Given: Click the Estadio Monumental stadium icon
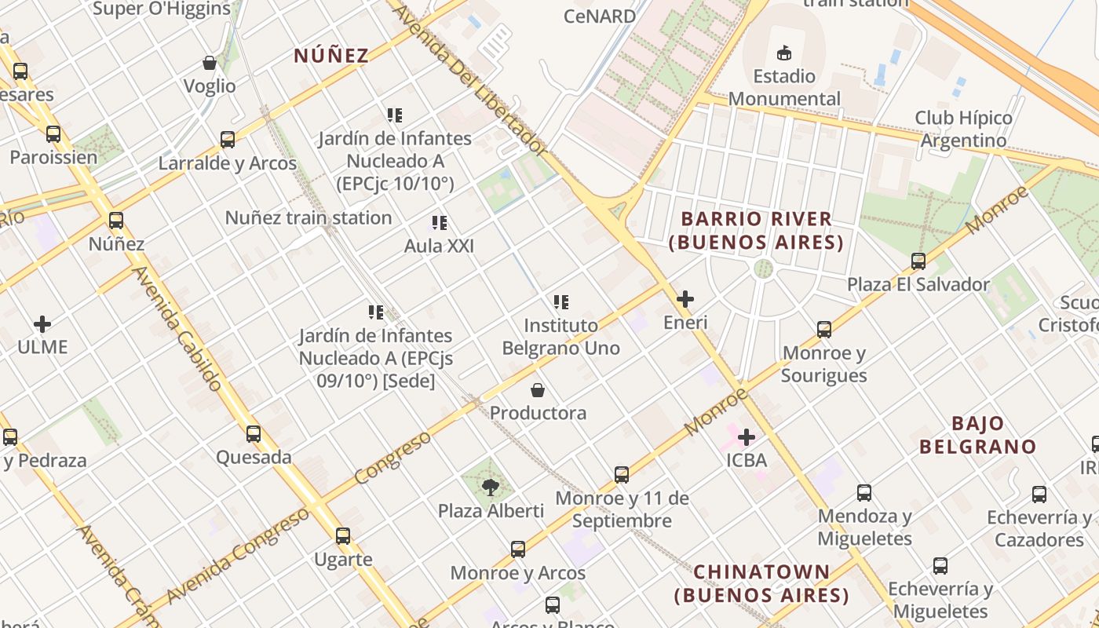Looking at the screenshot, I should click(x=783, y=53).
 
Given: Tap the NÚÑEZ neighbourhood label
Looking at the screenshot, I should click(x=331, y=56).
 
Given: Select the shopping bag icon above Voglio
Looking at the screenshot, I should click(x=210, y=63).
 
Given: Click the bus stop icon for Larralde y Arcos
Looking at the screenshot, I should click(x=228, y=140).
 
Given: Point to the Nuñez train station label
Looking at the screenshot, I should click(x=309, y=217).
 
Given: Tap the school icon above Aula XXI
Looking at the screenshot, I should click(x=439, y=223).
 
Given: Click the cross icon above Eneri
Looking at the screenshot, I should click(x=685, y=299).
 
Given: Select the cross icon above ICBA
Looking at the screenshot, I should click(x=747, y=437).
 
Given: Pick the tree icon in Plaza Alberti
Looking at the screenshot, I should click(x=491, y=487).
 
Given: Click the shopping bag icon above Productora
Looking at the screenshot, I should click(x=538, y=390).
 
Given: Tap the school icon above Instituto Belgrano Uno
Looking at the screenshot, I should click(x=560, y=302).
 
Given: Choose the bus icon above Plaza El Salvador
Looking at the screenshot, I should click(x=918, y=261).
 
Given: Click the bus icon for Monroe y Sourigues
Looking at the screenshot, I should click(x=824, y=330).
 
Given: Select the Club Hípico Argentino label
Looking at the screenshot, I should click(x=963, y=129).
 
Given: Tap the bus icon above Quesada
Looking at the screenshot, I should click(x=254, y=434).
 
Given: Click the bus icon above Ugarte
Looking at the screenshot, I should click(x=343, y=537).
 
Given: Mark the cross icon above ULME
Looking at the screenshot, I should click(x=42, y=323).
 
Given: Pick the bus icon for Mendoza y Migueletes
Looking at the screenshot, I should click(x=864, y=493).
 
